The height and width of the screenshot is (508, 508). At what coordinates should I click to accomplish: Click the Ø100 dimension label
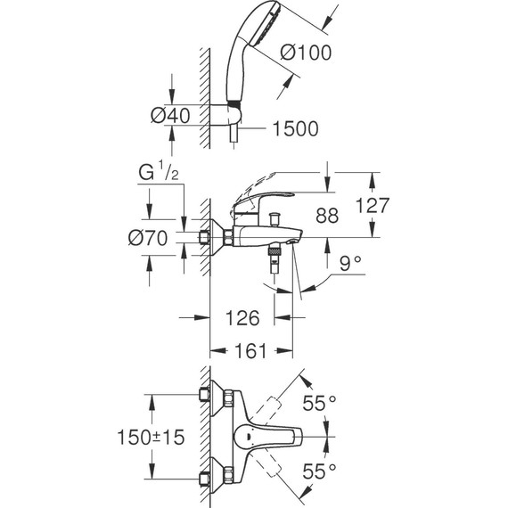point(305,53)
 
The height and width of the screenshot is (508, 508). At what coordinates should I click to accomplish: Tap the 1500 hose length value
point(294,129)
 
